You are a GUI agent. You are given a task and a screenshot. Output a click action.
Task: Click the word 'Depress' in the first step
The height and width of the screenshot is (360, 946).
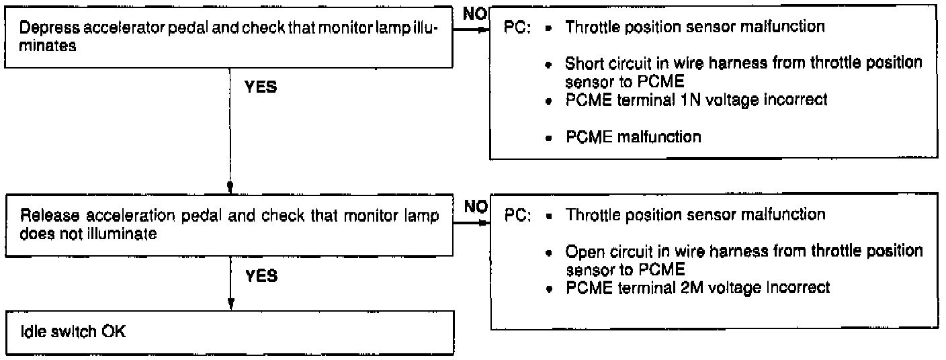45,30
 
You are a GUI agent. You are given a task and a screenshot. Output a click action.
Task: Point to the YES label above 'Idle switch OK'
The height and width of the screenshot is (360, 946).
261,276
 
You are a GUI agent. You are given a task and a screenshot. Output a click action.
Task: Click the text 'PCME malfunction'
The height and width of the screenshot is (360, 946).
634,137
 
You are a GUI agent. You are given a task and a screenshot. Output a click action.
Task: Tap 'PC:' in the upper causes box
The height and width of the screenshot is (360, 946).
518,29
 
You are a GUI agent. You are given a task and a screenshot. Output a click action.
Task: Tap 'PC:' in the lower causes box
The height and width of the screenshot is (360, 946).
519,216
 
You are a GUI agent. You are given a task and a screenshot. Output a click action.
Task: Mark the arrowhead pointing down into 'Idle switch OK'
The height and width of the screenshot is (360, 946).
230,303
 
